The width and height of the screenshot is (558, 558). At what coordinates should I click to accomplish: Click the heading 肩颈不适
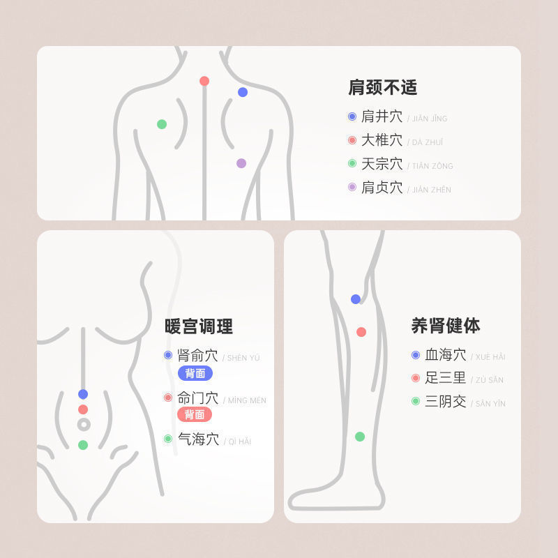pos(382,88)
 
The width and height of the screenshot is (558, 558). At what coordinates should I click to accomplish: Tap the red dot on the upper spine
pos(204,81)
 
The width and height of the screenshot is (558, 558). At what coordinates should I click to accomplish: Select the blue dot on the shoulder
pos(243,92)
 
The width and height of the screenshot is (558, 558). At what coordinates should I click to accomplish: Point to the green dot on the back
pos(162,124)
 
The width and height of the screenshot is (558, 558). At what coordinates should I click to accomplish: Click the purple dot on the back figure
pos(241,163)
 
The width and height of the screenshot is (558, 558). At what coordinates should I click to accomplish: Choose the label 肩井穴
pos(382,117)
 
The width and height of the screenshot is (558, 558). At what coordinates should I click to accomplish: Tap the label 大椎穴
pos(382,141)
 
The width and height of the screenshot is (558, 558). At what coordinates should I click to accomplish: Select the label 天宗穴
pos(382,165)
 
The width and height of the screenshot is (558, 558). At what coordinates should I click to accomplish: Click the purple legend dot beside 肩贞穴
pos(352,187)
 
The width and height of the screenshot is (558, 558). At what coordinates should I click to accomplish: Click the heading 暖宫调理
pos(199,326)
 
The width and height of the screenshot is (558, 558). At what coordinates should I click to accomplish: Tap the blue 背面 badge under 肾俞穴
pos(195,373)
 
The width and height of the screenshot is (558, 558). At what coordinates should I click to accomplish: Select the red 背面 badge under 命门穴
pos(195,414)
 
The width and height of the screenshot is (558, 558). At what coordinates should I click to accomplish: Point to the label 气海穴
pos(198,439)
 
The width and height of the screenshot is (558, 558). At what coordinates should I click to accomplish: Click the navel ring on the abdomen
pos(84,424)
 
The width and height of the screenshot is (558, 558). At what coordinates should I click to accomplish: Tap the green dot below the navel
pos(83,445)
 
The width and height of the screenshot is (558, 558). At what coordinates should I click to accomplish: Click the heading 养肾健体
pos(446,325)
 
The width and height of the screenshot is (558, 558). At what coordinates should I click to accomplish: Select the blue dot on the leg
pos(356,299)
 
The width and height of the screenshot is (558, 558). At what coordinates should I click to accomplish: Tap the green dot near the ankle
pos(360,437)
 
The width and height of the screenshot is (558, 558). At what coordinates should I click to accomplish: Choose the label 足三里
pos(446,378)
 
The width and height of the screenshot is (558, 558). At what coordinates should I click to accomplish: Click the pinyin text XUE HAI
pos(490,357)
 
